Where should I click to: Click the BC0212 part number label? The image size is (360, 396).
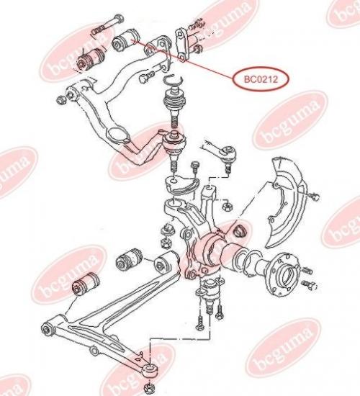261,79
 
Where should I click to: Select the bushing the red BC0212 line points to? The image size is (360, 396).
125,40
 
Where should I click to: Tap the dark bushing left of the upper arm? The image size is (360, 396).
90,59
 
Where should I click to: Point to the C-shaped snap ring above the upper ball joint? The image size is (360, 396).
173,79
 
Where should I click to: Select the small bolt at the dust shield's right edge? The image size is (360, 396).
314,196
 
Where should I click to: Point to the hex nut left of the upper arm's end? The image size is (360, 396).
60,100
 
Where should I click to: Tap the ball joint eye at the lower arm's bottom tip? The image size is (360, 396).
150,371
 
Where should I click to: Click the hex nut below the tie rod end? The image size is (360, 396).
227,207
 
